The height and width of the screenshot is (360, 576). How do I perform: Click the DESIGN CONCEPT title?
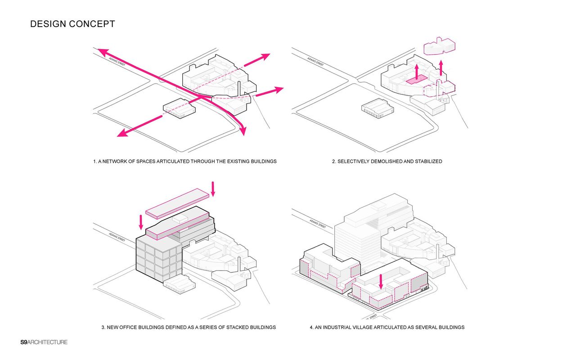[x=72, y=24]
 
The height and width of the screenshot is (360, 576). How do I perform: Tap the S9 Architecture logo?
[x=44, y=342]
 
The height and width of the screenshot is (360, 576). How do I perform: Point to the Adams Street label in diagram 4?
[x=318, y=224]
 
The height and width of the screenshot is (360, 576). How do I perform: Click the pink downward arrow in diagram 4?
[x=381, y=282]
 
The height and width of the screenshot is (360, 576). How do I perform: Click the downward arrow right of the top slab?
[x=213, y=188]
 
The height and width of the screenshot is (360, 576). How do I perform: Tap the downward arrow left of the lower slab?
[x=141, y=221]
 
